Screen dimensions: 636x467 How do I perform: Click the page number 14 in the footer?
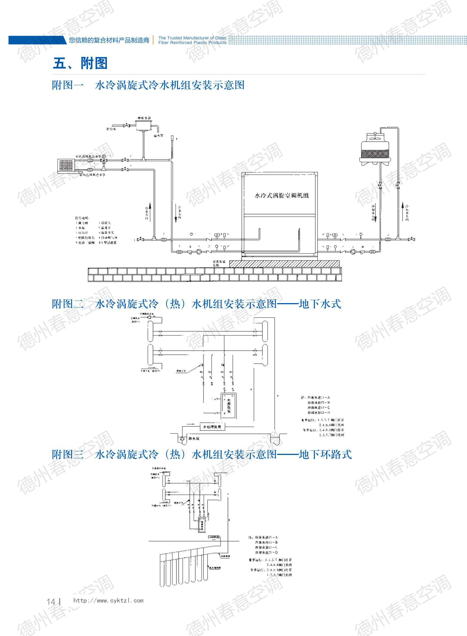(x=51, y=601)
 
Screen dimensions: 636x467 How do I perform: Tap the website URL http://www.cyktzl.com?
(x=108, y=601)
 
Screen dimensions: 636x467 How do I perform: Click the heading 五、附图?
(x=80, y=63)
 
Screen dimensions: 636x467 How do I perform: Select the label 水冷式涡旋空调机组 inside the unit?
(x=282, y=195)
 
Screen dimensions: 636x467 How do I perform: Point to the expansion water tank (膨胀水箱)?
(x=144, y=125)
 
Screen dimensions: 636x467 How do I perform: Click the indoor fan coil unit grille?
(x=66, y=165)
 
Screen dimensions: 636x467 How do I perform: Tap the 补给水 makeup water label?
(x=111, y=129)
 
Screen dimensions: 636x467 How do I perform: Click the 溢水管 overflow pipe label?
(x=158, y=136)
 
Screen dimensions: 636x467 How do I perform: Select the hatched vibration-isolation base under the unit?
(x=284, y=264)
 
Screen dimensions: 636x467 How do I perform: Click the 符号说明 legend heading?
(x=82, y=218)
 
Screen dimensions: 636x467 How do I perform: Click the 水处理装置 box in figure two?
(x=212, y=427)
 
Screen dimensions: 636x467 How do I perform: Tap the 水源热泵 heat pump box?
(x=229, y=406)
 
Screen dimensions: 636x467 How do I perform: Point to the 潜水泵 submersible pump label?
(x=194, y=438)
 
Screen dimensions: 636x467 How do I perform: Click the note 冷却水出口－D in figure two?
(x=319, y=413)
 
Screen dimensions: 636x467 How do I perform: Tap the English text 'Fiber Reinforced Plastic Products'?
(x=192, y=43)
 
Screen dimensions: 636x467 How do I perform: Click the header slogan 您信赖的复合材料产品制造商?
(x=109, y=40)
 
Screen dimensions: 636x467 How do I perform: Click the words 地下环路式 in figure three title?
(x=325, y=455)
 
